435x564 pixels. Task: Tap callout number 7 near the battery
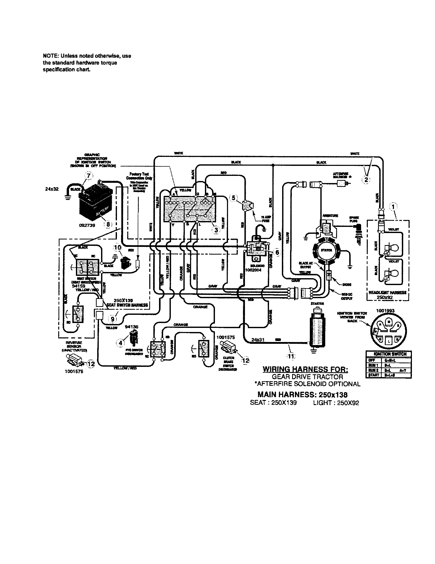click(88, 176)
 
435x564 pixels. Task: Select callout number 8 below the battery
click(108, 224)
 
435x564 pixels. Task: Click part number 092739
click(87, 225)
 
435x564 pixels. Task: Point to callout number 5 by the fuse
click(233, 198)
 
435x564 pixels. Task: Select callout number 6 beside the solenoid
click(277, 252)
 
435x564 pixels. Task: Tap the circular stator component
click(326, 250)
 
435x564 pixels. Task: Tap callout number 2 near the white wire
click(366, 180)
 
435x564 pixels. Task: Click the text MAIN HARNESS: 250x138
click(302, 395)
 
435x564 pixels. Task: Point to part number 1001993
click(385, 311)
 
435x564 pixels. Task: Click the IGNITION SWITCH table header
click(389, 354)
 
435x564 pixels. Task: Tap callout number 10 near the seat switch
click(117, 247)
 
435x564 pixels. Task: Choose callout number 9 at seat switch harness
click(113, 319)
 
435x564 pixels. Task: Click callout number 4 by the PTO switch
click(120, 343)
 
